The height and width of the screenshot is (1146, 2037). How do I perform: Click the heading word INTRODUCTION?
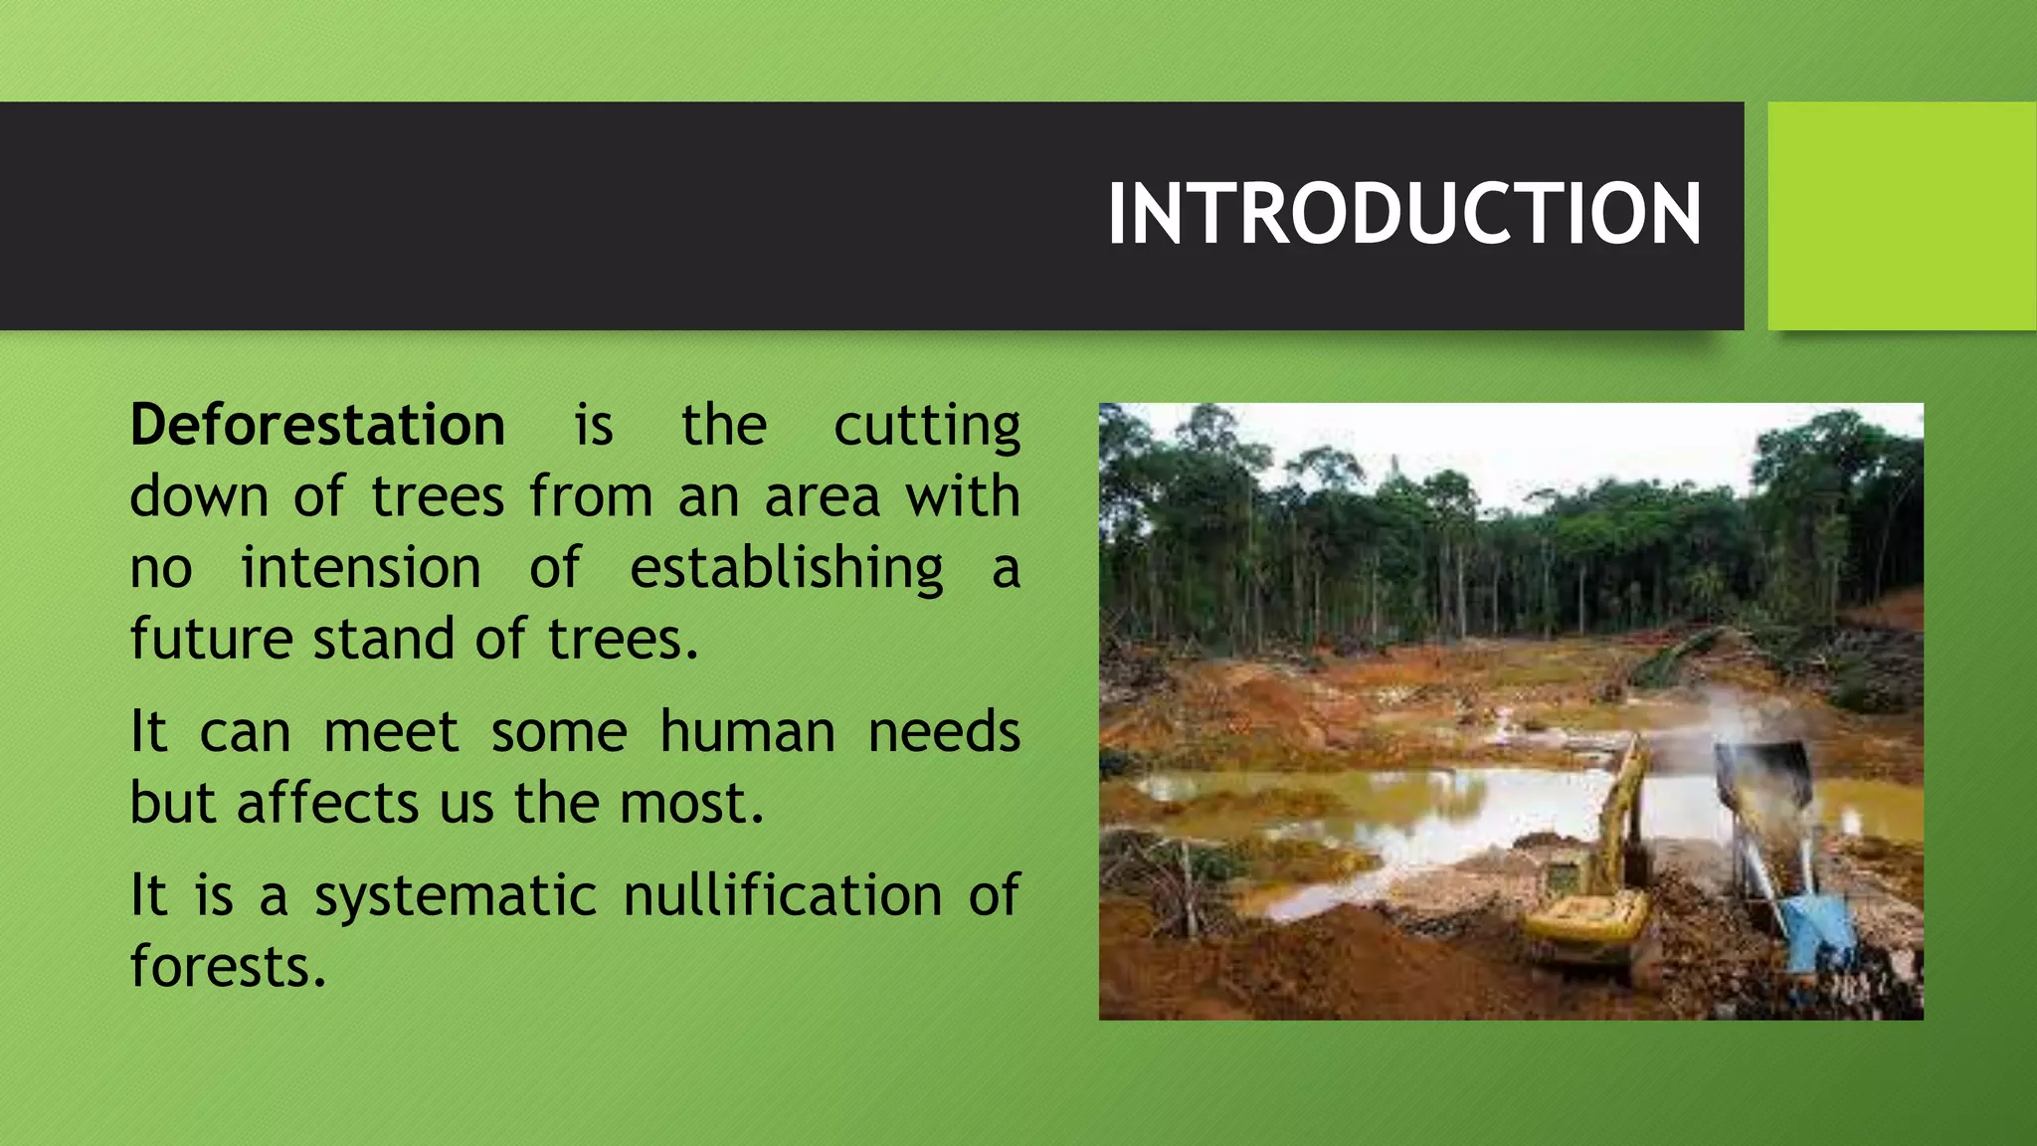tap(1403, 214)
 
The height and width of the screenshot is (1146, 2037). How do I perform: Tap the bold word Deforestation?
tap(317, 426)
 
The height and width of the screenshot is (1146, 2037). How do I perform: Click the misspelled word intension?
tap(361, 568)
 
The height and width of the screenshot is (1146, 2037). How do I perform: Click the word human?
tap(747, 732)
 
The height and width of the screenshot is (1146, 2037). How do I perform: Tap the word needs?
tap(944, 732)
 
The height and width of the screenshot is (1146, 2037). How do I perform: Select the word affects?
tap(327, 803)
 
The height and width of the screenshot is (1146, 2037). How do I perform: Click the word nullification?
tap(783, 894)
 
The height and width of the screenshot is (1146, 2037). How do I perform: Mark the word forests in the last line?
tap(228, 966)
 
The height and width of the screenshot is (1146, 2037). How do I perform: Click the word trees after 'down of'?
tap(438, 496)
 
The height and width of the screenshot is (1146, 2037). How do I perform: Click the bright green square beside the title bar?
tap(1902, 216)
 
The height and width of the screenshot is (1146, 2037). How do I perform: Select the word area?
tap(822, 497)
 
